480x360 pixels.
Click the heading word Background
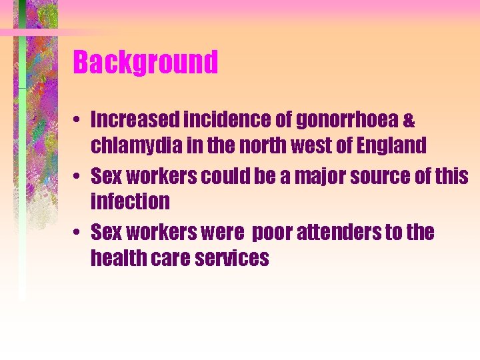pos(145,63)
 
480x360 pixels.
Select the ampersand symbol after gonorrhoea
pos(409,121)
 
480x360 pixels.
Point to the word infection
pos(130,201)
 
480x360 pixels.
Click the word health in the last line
pos(115,257)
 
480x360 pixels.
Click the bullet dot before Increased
pos(78,121)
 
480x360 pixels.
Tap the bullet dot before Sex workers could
pos(78,177)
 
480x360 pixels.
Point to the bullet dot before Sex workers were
pos(78,233)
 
